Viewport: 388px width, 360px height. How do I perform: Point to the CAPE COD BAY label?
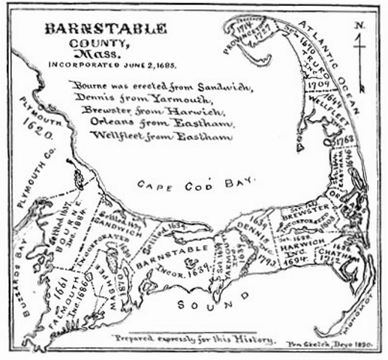(197, 181)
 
